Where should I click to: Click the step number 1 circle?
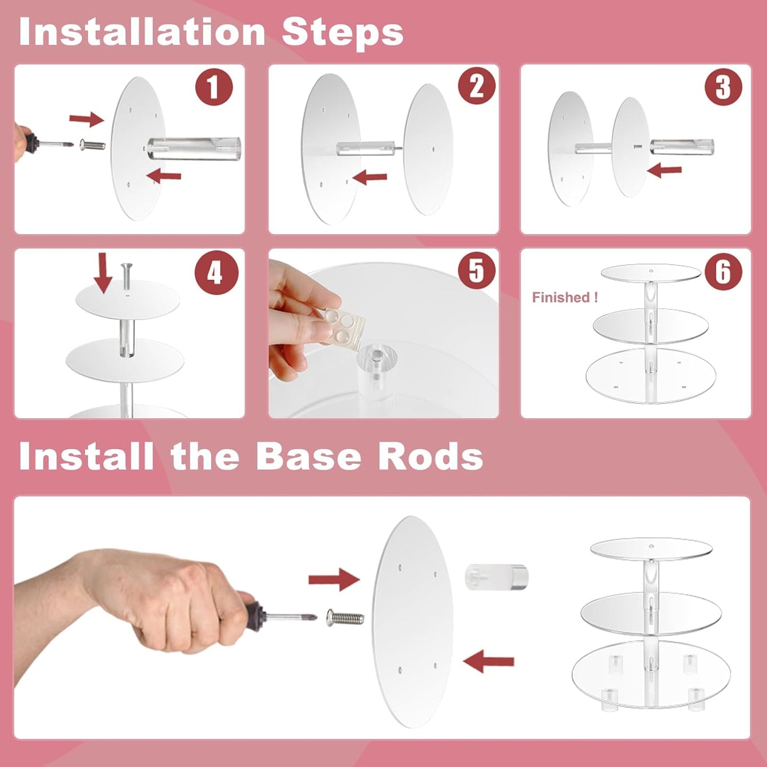click(x=214, y=87)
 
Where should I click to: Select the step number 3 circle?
click(x=723, y=87)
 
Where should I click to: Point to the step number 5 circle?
click(x=477, y=270)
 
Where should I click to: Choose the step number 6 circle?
click(x=723, y=271)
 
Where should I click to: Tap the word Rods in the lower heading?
click(x=430, y=456)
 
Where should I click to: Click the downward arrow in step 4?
click(x=103, y=272)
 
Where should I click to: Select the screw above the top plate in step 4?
click(x=126, y=275)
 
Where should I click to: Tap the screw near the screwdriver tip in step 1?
click(x=92, y=144)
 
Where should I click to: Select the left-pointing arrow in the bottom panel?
click(x=488, y=661)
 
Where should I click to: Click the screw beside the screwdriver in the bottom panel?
click(x=345, y=617)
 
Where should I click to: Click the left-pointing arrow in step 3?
click(x=664, y=170)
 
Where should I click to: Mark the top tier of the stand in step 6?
click(x=651, y=273)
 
